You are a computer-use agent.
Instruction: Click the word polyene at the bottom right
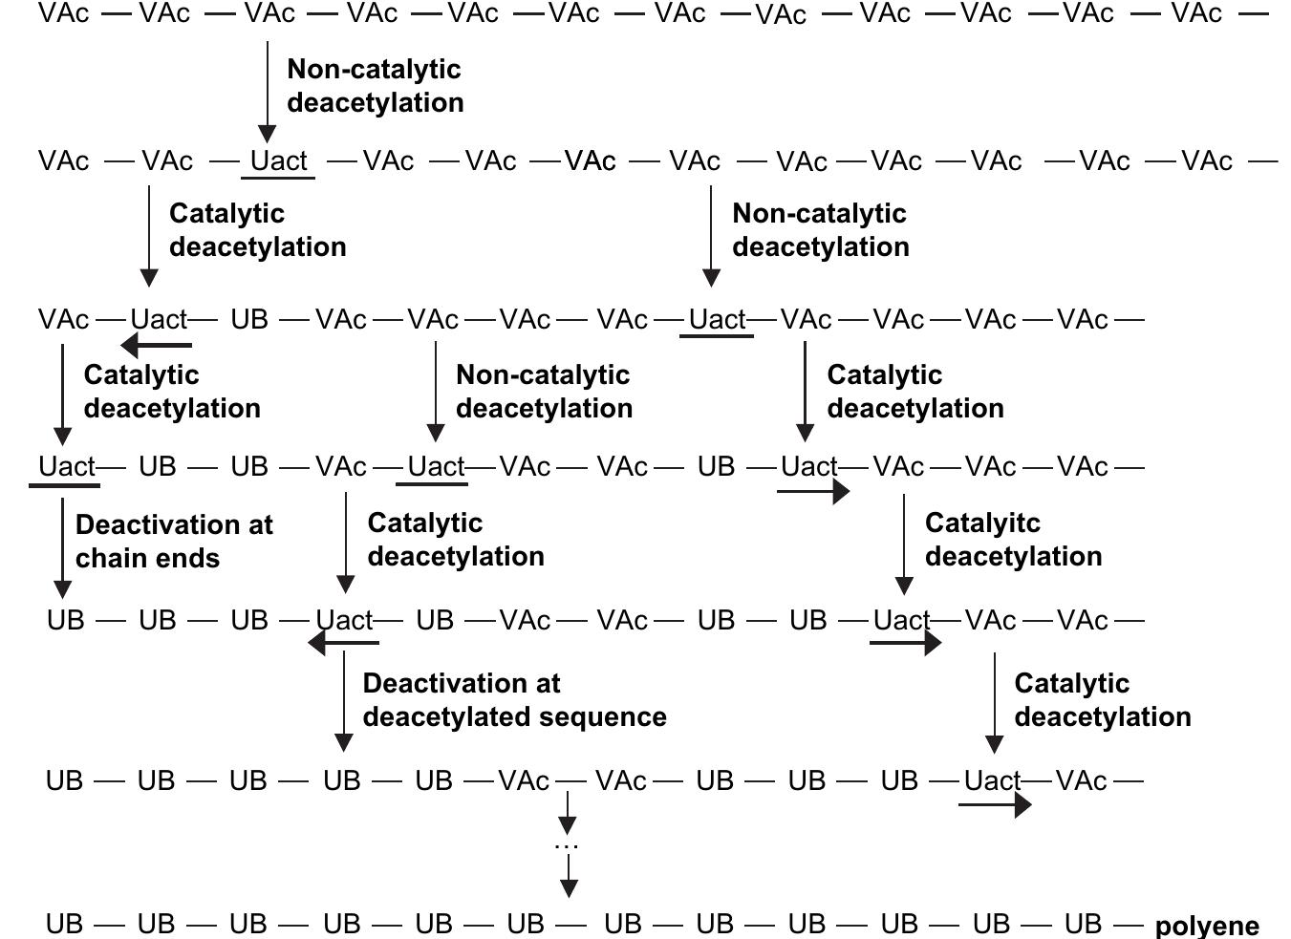(1207, 926)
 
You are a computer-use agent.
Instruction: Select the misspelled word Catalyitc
(982, 523)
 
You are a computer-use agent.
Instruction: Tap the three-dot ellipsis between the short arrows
(567, 845)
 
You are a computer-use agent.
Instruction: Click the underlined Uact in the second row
(279, 160)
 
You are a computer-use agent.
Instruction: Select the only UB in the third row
(249, 319)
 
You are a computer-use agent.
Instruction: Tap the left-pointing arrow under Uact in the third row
(156, 345)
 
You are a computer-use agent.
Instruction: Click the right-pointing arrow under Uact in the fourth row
(813, 491)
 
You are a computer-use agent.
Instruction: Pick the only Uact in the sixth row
(992, 781)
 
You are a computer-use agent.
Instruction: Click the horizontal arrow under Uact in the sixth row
(995, 805)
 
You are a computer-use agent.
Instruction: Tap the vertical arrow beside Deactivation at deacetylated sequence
(344, 703)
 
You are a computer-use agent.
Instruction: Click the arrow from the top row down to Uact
(268, 92)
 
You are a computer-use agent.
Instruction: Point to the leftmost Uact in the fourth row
(67, 467)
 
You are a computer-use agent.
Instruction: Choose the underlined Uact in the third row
(717, 319)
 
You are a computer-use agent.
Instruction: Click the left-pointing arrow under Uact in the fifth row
(343, 643)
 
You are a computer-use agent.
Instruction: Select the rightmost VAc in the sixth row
(1082, 781)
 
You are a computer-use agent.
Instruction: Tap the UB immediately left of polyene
(1083, 924)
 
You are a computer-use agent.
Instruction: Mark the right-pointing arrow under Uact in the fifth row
(905, 643)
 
